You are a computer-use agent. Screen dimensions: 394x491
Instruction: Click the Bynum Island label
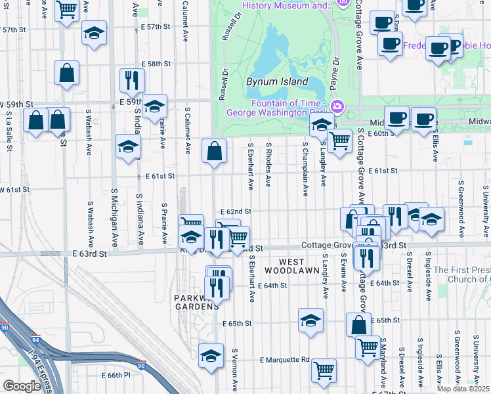(277, 82)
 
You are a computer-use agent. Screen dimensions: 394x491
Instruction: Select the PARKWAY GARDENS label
(196, 303)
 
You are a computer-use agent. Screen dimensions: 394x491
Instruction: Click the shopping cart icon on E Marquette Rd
(324, 370)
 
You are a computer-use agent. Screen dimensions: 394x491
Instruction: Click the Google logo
(22, 386)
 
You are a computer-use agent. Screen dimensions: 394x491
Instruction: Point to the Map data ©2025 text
(463, 389)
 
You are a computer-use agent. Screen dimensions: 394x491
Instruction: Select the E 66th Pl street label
(117, 375)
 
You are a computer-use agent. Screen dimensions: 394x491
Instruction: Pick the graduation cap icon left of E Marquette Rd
(211, 356)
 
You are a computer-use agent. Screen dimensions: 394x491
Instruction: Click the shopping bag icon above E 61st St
(214, 151)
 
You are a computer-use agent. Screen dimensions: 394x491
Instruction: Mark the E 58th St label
(156, 64)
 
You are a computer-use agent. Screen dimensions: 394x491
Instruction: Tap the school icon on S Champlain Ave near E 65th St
(311, 320)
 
